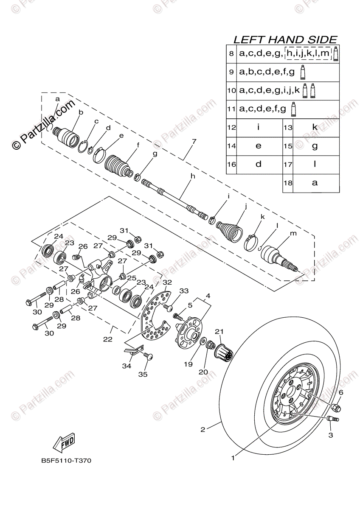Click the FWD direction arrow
[64, 443]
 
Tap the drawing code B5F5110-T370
[66, 461]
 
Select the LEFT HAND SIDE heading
[285, 39]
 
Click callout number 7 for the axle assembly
[194, 141]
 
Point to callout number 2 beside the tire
[202, 430]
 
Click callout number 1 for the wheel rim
[233, 457]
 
